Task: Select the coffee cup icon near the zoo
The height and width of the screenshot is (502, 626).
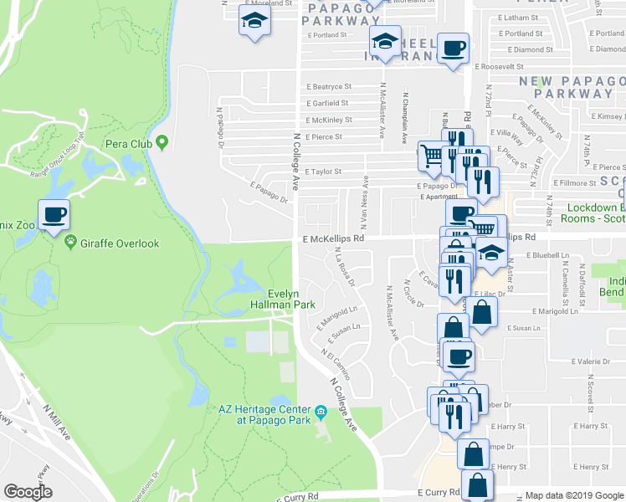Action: click(x=54, y=215)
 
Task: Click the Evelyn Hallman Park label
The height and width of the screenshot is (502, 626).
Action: click(x=290, y=300)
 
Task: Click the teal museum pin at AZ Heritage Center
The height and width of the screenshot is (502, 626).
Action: click(x=321, y=412)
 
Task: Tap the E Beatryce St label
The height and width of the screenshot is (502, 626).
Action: click(x=328, y=86)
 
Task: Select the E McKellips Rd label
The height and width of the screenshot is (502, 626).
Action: click(x=334, y=238)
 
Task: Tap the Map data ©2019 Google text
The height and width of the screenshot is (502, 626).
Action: click(x=572, y=495)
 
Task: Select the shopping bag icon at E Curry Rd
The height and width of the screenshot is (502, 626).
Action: click(x=476, y=484)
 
